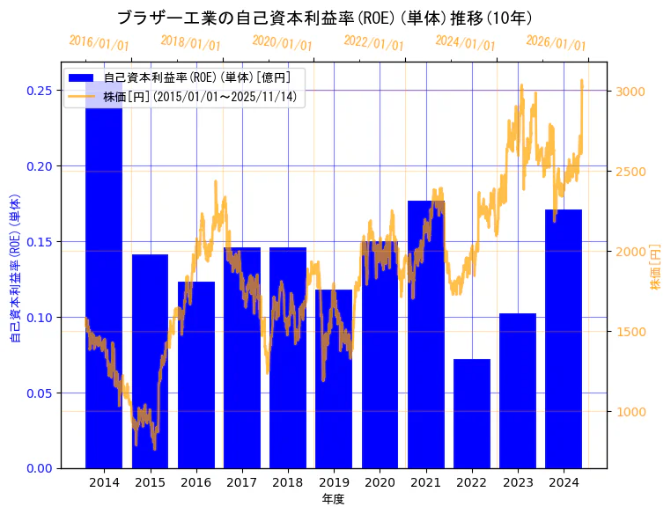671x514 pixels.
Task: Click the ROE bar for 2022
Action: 471,414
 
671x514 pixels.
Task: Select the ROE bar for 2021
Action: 425,334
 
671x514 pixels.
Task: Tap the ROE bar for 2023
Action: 518,391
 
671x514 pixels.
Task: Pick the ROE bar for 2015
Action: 150,361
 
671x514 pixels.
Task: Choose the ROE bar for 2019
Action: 334,378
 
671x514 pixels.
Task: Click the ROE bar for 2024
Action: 564,339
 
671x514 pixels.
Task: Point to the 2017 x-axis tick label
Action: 241,482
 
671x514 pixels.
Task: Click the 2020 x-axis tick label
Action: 380,482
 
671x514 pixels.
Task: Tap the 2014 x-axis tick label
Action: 104,482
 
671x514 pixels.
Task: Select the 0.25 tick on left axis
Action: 39,91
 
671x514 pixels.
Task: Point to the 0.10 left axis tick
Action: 39,317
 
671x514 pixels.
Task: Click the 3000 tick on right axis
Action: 630,92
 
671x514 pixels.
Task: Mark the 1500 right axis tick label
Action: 630,332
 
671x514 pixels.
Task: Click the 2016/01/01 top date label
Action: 99,43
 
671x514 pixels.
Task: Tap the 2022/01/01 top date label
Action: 373,43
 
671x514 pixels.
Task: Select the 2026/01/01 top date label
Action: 556,43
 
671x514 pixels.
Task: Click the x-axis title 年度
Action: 333,499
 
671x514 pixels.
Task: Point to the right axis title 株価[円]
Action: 655,267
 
